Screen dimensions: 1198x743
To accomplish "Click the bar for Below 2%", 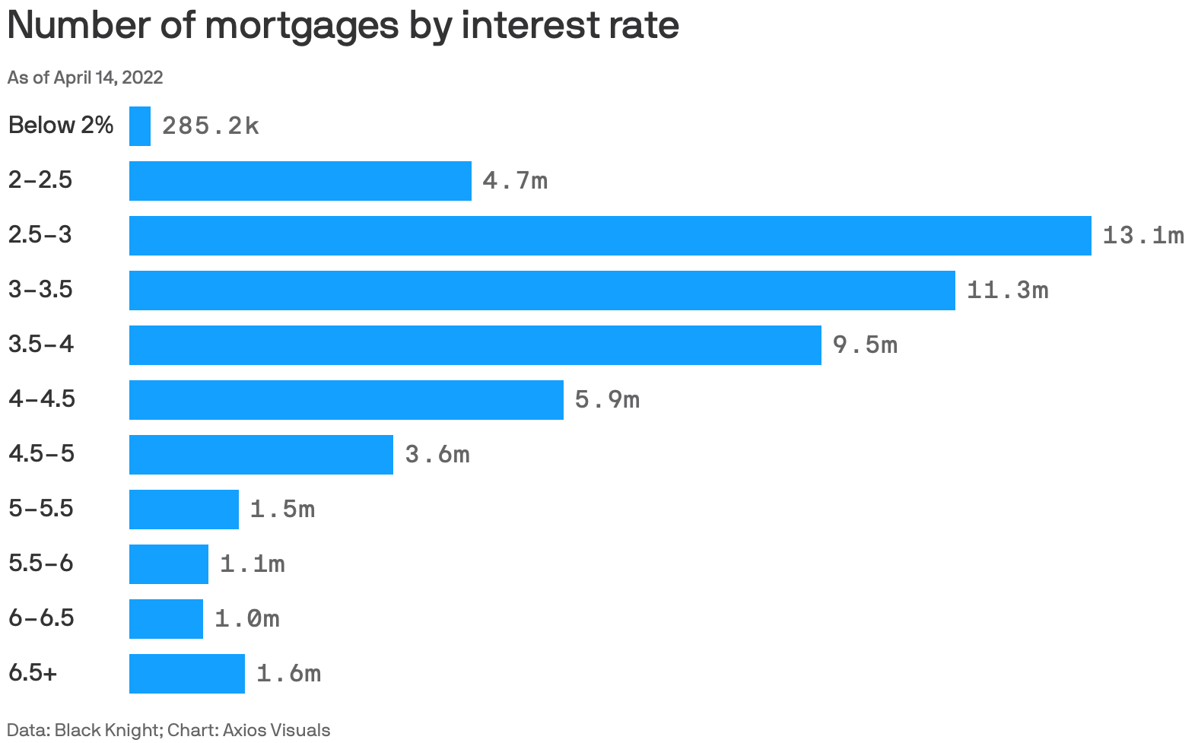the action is (x=140, y=126).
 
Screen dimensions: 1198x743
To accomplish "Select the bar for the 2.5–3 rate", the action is (x=610, y=236).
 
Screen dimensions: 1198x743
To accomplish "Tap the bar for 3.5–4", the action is (x=475, y=345).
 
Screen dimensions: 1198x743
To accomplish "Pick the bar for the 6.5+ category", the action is (x=187, y=674).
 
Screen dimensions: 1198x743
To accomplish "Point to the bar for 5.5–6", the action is (x=169, y=564).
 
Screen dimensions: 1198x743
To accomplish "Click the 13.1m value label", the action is (x=1142, y=236).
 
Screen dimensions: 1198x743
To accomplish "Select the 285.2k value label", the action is (x=211, y=126).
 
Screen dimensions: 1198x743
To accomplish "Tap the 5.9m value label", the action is (x=607, y=400).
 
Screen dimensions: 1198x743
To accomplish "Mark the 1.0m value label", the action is (x=247, y=619).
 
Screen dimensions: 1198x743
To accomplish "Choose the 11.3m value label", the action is (x=1007, y=291).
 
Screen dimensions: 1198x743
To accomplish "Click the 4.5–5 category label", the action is (x=42, y=454).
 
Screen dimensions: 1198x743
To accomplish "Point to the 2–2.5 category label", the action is (x=40, y=180).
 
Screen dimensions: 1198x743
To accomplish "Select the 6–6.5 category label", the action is (x=42, y=618).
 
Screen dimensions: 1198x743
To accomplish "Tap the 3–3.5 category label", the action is (x=40, y=290).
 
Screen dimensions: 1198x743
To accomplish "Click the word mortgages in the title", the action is (x=302, y=26).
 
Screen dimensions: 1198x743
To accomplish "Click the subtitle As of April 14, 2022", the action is (x=85, y=78).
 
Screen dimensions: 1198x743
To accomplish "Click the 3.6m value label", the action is (x=437, y=455).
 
